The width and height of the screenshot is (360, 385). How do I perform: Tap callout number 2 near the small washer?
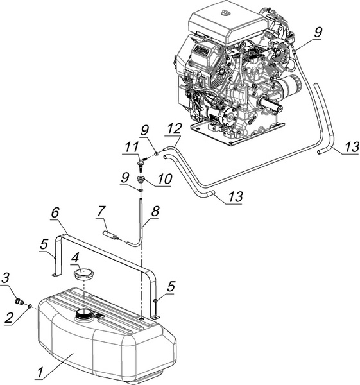[10, 318]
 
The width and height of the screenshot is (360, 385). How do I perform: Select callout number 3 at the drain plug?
[6, 278]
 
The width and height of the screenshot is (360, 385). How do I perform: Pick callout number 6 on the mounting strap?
[56, 212]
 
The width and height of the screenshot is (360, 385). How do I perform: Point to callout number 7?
[101, 212]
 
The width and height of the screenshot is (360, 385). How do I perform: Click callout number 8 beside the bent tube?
[155, 210]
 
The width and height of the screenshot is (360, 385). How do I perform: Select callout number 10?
[165, 179]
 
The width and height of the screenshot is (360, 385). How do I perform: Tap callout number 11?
[132, 148]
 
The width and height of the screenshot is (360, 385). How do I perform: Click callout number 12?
[175, 129]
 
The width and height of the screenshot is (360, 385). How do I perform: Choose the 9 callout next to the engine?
[318, 32]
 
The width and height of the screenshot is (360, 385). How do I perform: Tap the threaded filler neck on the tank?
[84, 314]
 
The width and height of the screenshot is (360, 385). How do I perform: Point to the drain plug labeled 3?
[19, 302]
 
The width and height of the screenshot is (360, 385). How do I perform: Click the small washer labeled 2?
[30, 306]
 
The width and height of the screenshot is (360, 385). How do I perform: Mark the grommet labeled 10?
[141, 180]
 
